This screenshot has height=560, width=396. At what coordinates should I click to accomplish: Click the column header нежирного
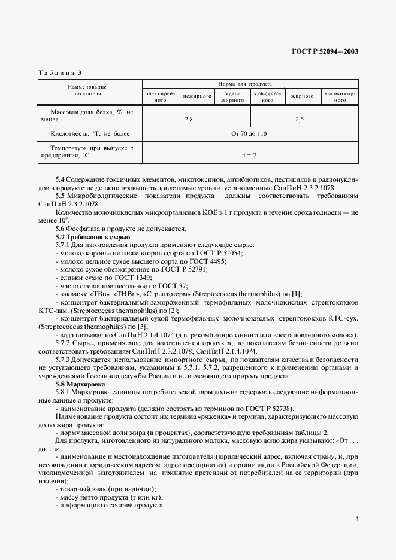197,96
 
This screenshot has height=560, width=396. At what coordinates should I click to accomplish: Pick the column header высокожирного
340,96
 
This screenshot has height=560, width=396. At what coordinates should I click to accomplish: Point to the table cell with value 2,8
189,120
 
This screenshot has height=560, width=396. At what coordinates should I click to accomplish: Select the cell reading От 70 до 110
249,134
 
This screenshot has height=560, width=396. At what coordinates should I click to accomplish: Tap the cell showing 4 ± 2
249,154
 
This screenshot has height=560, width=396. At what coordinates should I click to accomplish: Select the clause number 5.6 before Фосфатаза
61,230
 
